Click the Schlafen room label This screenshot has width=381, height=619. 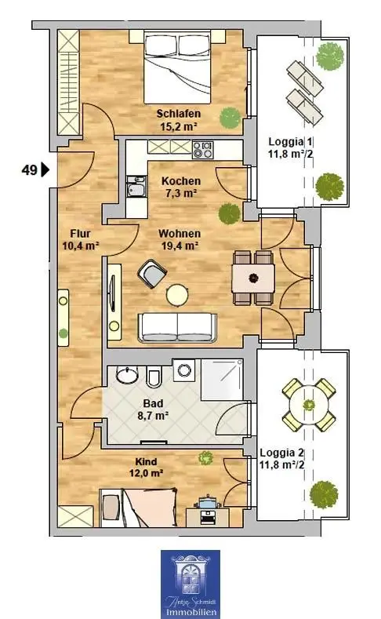point(179,114)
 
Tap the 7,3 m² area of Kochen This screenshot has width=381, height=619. point(180,194)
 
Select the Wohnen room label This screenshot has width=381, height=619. point(180,233)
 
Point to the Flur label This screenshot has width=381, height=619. point(81,233)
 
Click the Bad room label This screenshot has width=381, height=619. point(153,403)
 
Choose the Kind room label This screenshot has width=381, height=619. point(146,461)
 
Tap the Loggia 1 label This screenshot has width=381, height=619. point(291,141)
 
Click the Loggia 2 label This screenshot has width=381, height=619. point(281,453)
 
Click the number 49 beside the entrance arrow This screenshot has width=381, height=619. point(29,170)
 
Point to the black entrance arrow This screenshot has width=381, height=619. point(45,170)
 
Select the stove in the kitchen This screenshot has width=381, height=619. point(203,150)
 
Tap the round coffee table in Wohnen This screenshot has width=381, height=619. point(177,295)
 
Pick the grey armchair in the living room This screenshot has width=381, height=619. point(152,273)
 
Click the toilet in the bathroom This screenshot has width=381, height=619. point(154,377)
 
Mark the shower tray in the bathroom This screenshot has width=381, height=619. point(222,380)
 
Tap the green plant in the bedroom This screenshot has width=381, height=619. point(230,117)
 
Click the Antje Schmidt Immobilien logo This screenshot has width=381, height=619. point(190,584)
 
